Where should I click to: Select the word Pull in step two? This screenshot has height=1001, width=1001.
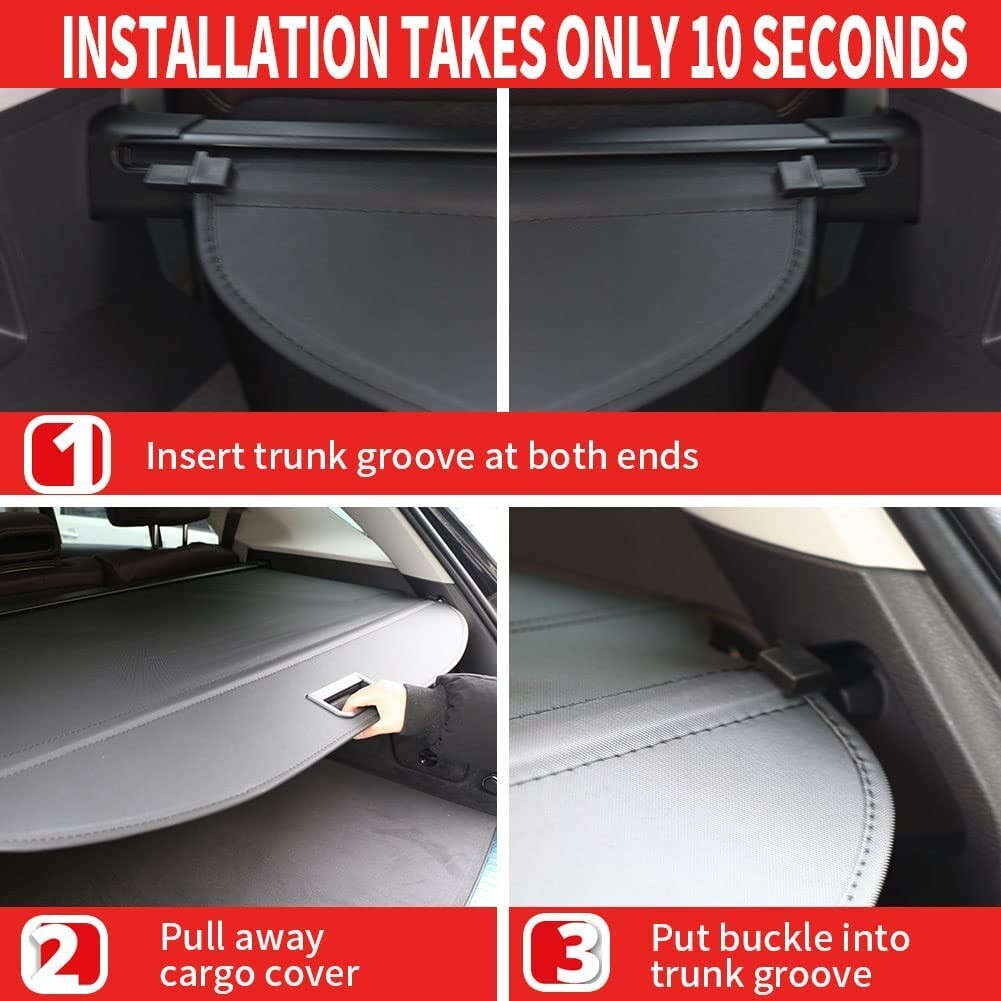pos(190,939)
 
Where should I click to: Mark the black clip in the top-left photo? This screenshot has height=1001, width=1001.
pos(191,172)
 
